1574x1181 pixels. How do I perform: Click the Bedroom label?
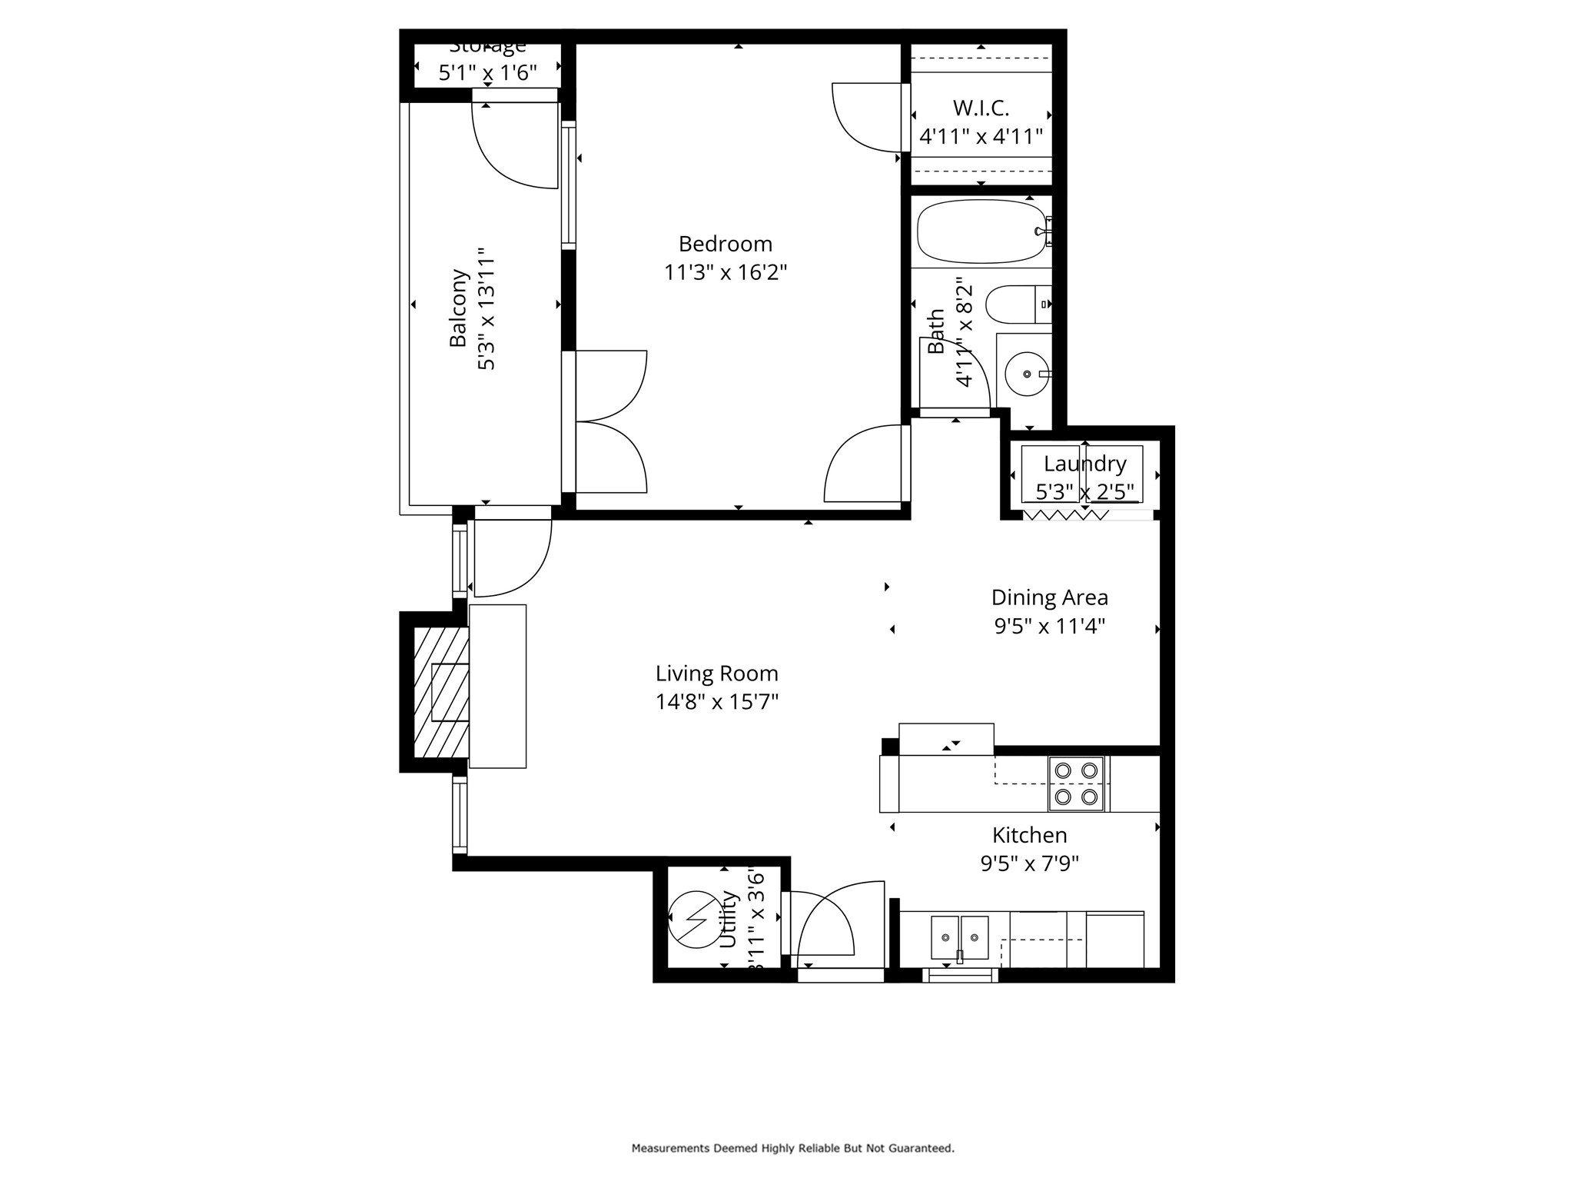(x=725, y=244)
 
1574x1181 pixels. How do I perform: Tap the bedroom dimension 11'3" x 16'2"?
(x=726, y=272)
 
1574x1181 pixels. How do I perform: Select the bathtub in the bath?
(x=981, y=231)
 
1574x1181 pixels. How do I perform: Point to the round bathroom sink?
(x=1027, y=374)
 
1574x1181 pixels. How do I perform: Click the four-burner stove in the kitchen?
(x=1076, y=783)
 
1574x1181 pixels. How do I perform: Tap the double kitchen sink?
(x=959, y=937)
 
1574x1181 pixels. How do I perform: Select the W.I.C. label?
(x=981, y=108)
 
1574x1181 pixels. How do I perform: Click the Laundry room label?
(x=1084, y=464)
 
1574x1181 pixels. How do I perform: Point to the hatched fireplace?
(x=441, y=692)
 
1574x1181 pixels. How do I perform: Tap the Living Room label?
(x=716, y=674)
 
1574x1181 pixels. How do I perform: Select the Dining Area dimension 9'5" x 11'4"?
(x=1049, y=626)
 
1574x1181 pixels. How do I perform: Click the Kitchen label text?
(x=1029, y=835)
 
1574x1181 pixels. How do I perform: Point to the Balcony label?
(x=458, y=308)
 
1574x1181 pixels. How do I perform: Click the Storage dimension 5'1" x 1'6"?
(x=487, y=73)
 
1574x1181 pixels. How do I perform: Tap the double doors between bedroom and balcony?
(x=611, y=421)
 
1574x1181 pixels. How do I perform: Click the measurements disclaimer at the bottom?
(x=792, y=1148)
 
